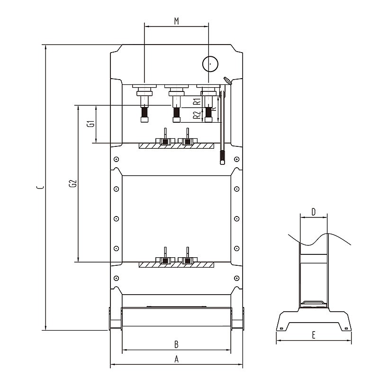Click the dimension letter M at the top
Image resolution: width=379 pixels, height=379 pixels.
coord(176,21)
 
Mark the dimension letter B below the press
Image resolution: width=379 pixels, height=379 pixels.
coord(176,343)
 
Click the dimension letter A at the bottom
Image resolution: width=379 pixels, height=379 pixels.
coord(176,359)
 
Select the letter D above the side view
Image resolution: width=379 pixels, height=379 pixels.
coord(313,211)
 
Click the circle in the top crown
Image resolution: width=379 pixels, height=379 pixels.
coord(209,63)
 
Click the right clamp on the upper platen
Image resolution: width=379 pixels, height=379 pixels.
coord(188,141)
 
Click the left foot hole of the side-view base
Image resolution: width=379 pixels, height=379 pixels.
coord(281,328)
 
